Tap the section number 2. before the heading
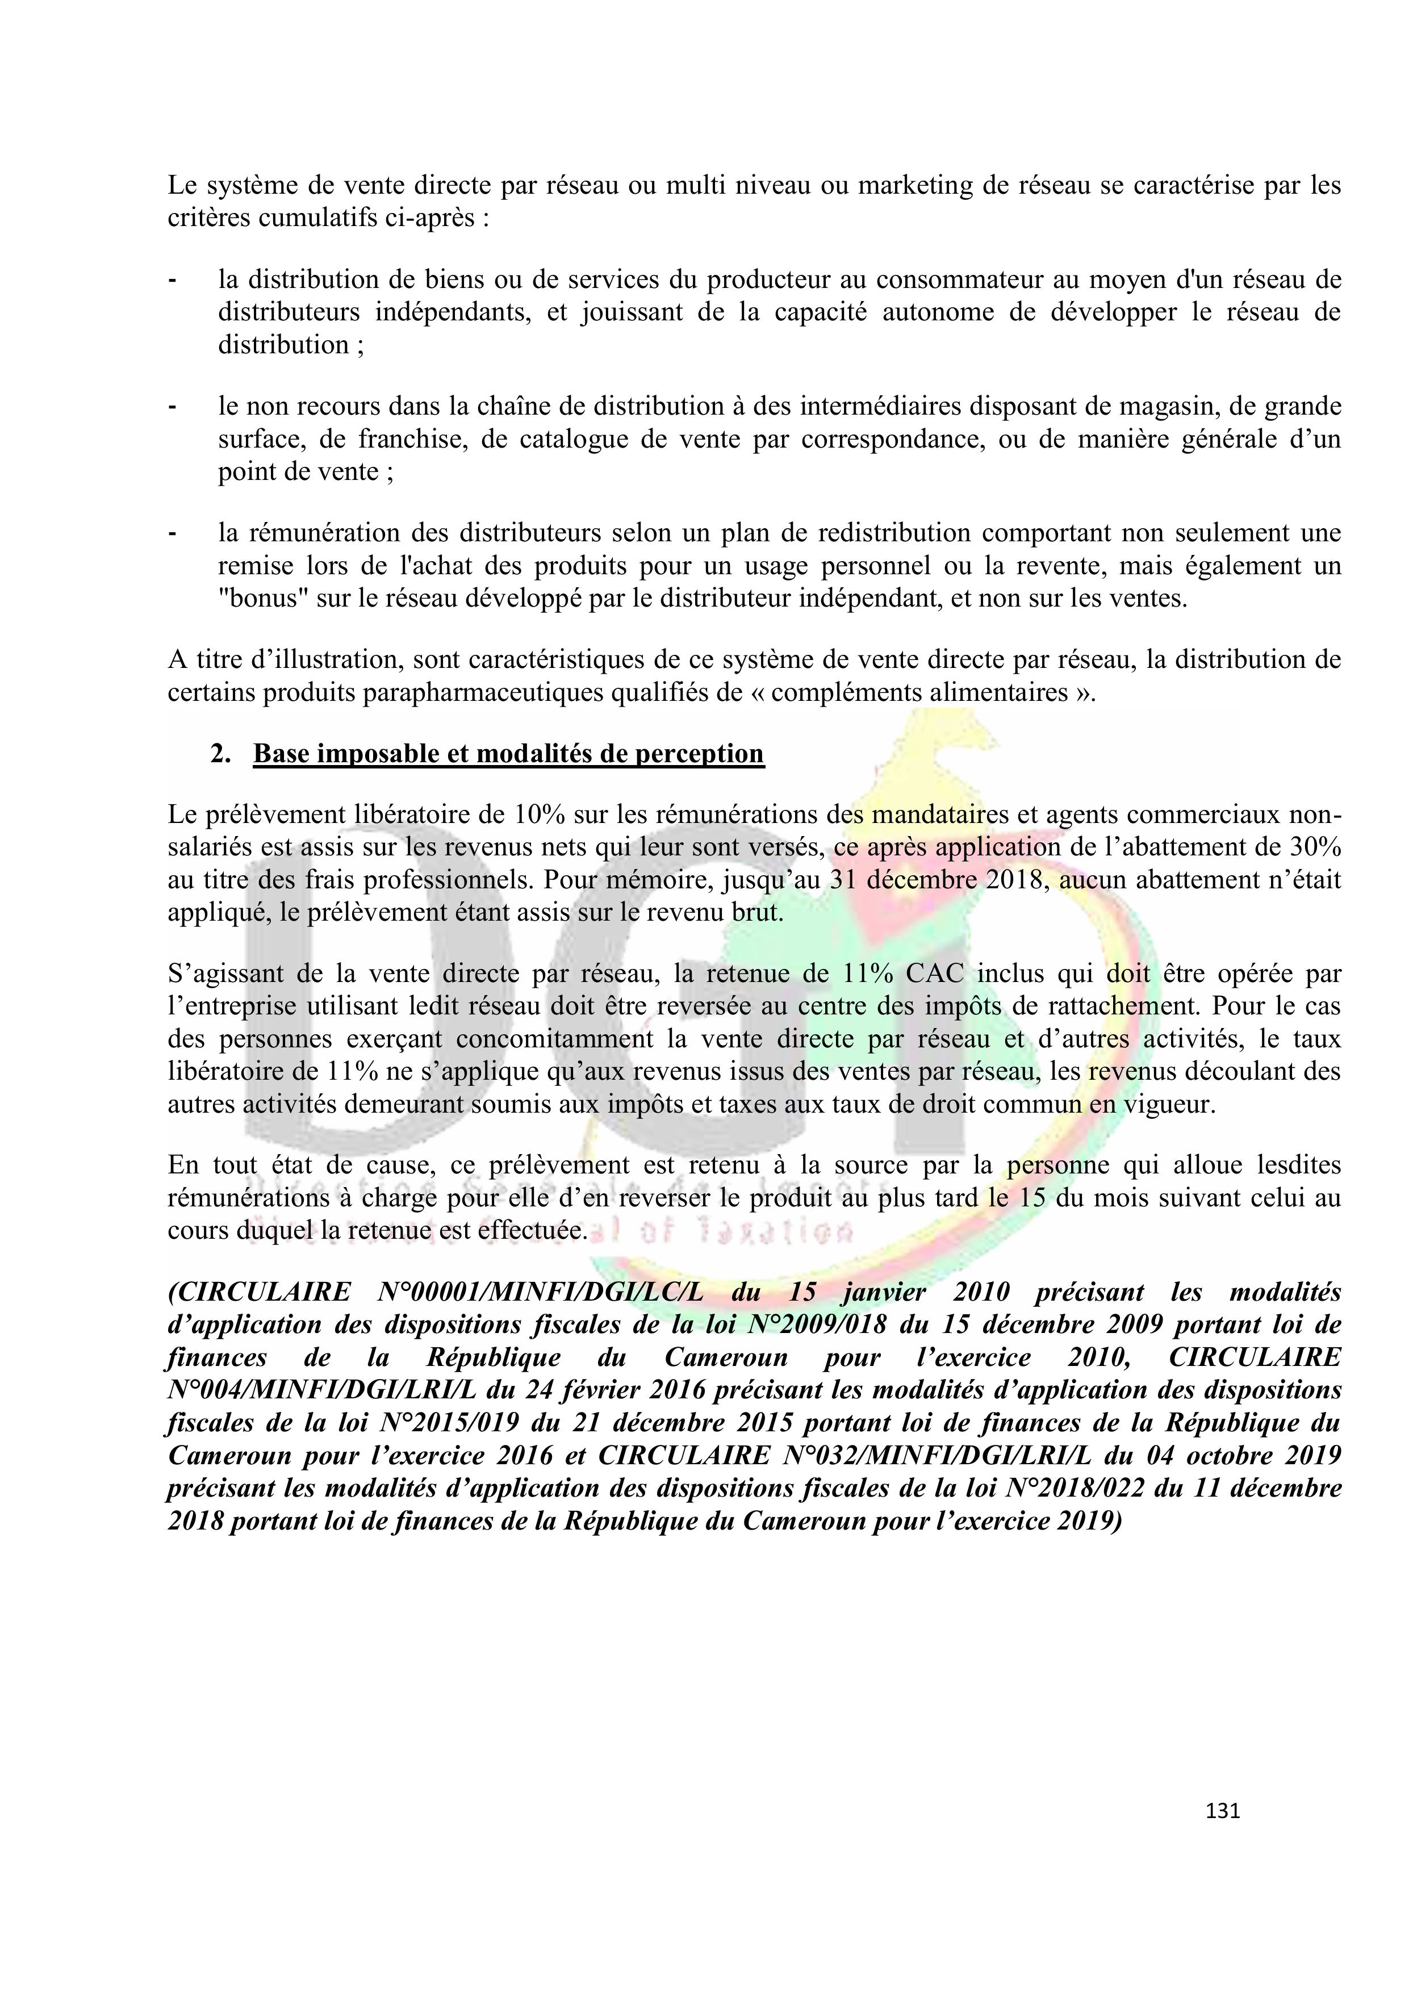[x=220, y=754]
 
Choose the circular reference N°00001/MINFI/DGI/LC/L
[x=540, y=1293]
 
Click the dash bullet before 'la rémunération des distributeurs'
[x=173, y=533]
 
